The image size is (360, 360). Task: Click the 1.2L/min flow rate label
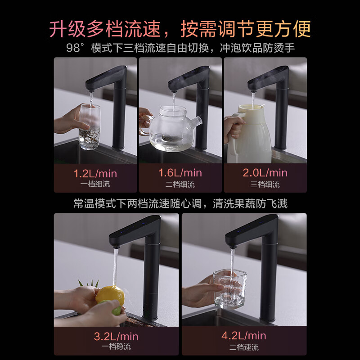[95, 173]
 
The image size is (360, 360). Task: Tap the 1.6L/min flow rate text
[180, 173]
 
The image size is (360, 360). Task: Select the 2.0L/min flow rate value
[265, 173]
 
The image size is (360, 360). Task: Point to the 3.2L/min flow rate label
[116, 336]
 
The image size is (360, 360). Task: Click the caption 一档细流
[95, 184]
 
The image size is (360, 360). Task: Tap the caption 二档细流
[180, 184]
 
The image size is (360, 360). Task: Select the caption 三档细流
[265, 184]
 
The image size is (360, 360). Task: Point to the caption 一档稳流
[116, 347]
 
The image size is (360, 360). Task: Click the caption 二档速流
[244, 347]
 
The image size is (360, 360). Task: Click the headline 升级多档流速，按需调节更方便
[180, 29]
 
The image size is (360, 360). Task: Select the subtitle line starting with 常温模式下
[180, 204]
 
